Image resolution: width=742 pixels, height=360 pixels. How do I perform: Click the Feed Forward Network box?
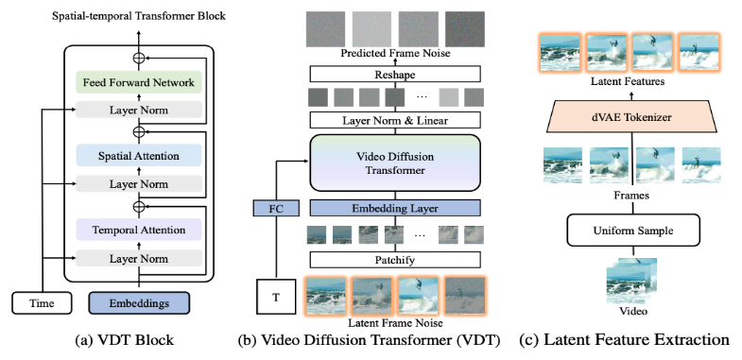(138, 83)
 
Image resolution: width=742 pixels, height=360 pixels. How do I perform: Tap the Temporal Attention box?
(138, 227)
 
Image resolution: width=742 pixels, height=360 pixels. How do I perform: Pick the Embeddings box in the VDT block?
(138, 302)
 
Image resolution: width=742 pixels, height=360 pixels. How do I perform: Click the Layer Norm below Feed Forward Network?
(138, 109)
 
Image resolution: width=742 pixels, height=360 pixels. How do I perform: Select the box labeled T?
(274, 295)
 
